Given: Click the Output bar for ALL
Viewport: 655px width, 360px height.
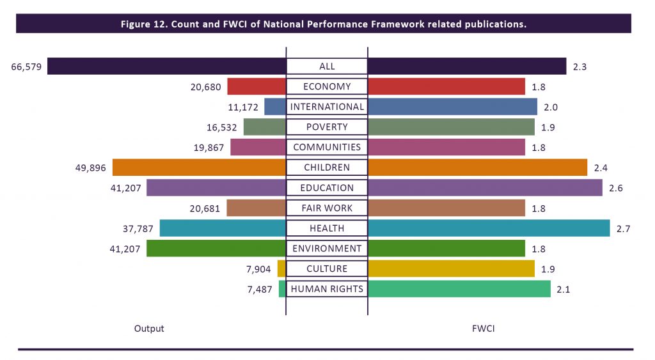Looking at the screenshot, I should pyautogui.click(x=166, y=67).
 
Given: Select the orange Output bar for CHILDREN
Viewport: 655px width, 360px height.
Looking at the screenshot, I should pyautogui.click(x=199, y=168).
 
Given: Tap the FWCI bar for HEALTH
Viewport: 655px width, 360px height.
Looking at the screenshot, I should pyautogui.click(x=489, y=228).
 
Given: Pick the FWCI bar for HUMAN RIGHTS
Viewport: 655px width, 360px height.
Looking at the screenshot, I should pyautogui.click(x=459, y=289).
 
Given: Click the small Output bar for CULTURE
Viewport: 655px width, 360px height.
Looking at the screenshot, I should pyautogui.click(x=281, y=269).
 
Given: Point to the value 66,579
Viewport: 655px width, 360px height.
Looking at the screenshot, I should pyautogui.click(x=26, y=67).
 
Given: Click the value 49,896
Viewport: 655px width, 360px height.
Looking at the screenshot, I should pyautogui.click(x=91, y=168).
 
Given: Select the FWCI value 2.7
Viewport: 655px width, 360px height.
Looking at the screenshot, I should pyautogui.click(x=624, y=228).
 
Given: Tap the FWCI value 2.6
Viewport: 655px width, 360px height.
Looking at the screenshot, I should pyautogui.click(x=616, y=188).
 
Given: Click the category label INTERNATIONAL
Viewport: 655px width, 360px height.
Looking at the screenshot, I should pyautogui.click(x=327, y=107).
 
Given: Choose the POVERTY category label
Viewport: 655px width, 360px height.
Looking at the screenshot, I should pyautogui.click(x=327, y=127).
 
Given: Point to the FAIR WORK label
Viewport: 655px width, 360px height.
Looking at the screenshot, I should pyautogui.click(x=327, y=208).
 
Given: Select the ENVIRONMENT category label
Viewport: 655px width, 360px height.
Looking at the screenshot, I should pyautogui.click(x=327, y=249).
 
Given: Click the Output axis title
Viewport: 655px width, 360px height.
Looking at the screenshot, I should pyautogui.click(x=149, y=329).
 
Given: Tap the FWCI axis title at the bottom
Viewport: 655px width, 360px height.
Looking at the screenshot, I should pyautogui.click(x=483, y=329).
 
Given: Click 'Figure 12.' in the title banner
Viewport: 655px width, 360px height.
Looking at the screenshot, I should pyautogui.click(x=144, y=24).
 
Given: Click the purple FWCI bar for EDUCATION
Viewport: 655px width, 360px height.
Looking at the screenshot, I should pyautogui.click(x=485, y=188).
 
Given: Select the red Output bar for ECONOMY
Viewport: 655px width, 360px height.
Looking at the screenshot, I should pyautogui.click(x=256, y=87).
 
